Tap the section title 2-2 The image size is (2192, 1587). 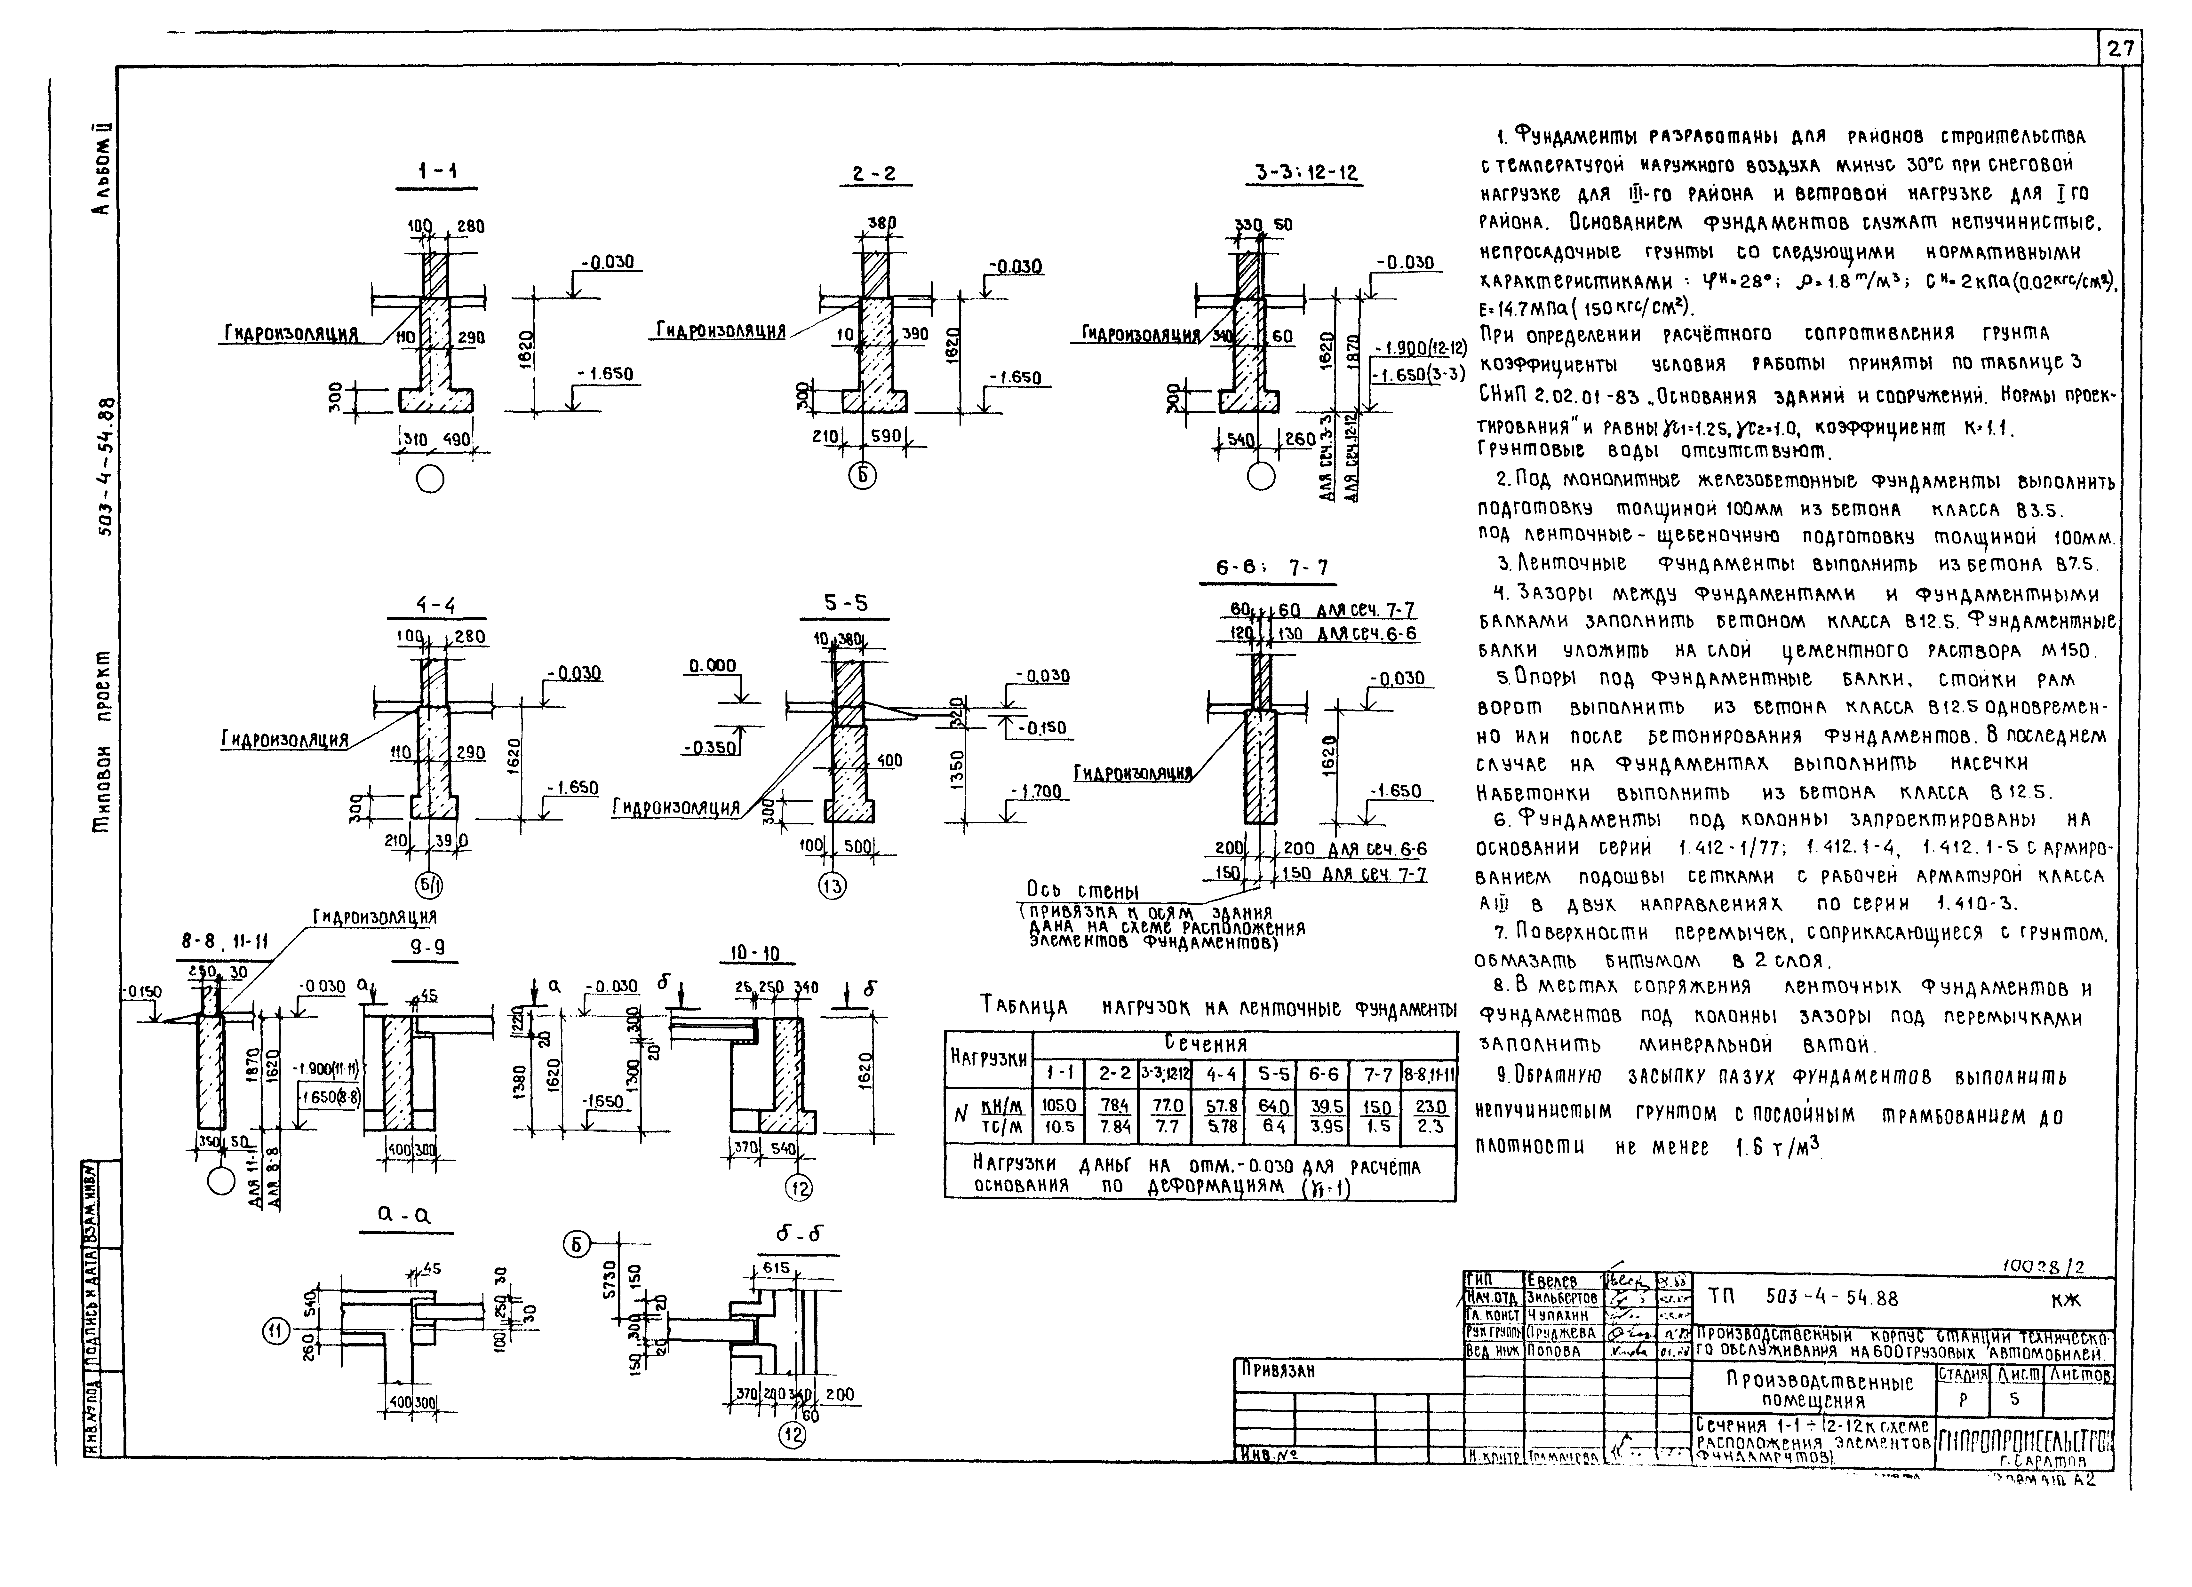coord(874,175)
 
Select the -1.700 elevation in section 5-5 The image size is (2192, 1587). coord(1035,792)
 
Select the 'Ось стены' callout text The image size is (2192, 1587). coord(1081,890)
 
